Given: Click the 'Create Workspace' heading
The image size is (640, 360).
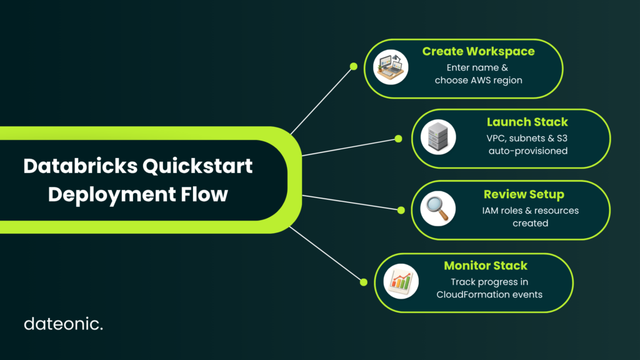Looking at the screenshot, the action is (478, 51).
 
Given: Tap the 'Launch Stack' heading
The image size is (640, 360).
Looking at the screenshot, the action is (527, 122).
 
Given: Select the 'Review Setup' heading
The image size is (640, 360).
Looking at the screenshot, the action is (524, 195).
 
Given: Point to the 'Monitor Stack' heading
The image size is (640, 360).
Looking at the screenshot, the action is (486, 266).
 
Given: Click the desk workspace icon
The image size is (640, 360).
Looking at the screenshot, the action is (391, 67).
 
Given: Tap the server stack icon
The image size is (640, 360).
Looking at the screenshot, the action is (438, 137).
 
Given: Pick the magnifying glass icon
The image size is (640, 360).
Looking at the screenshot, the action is (438, 209).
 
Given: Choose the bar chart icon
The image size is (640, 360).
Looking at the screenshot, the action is (401, 281).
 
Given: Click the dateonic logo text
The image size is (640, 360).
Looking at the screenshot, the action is (63, 324).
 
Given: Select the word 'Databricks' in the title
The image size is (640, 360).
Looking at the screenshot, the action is (81, 166).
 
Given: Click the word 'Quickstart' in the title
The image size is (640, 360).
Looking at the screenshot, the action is (197, 166).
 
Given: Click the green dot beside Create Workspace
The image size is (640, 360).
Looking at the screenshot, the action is (354, 66).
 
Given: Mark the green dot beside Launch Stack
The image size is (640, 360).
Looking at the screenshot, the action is (398, 139).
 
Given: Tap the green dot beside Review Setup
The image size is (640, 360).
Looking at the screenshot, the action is (401, 210).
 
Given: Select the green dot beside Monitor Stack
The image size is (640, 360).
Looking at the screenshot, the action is (364, 282).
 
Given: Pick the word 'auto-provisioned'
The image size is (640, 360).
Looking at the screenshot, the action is (528, 151).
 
